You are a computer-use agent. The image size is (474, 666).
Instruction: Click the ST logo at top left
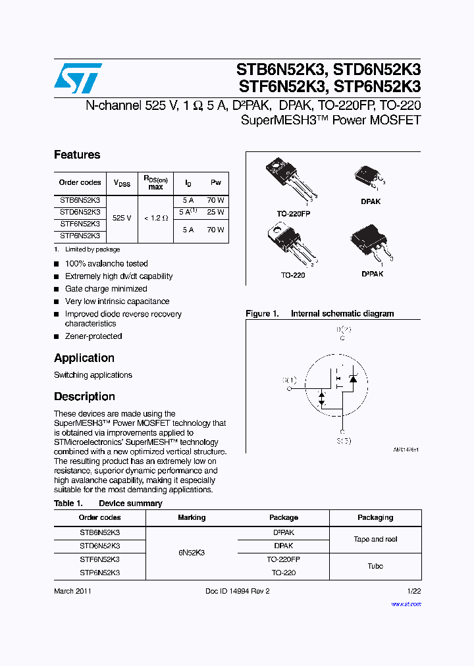click(x=78, y=79)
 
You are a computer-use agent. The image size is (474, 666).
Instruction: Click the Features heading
click(x=77, y=155)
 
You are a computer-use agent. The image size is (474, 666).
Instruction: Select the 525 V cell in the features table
click(x=122, y=217)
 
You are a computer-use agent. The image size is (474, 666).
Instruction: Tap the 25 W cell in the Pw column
click(x=216, y=212)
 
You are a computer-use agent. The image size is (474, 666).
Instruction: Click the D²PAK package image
click(x=370, y=244)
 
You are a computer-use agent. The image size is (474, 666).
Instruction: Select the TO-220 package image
click(x=290, y=243)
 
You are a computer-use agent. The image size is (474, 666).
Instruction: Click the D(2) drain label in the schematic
click(x=343, y=330)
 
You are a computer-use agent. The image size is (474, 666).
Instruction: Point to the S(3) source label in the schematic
click(x=343, y=440)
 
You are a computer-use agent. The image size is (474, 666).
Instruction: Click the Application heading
click(x=84, y=358)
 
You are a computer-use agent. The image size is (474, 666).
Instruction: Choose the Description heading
click(x=84, y=397)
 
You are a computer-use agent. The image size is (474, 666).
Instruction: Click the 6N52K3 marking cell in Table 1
click(x=191, y=553)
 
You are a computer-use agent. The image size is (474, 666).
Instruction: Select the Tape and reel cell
click(x=375, y=539)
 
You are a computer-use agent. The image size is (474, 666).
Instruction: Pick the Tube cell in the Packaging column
click(x=375, y=566)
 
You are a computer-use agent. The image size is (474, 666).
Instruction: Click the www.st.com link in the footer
click(x=406, y=603)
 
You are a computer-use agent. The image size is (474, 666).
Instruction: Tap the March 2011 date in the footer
click(x=72, y=591)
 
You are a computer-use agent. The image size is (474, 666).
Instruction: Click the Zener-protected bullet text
click(x=93, y=336)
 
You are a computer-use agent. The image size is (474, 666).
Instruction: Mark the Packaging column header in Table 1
click(x=375, y=517)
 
